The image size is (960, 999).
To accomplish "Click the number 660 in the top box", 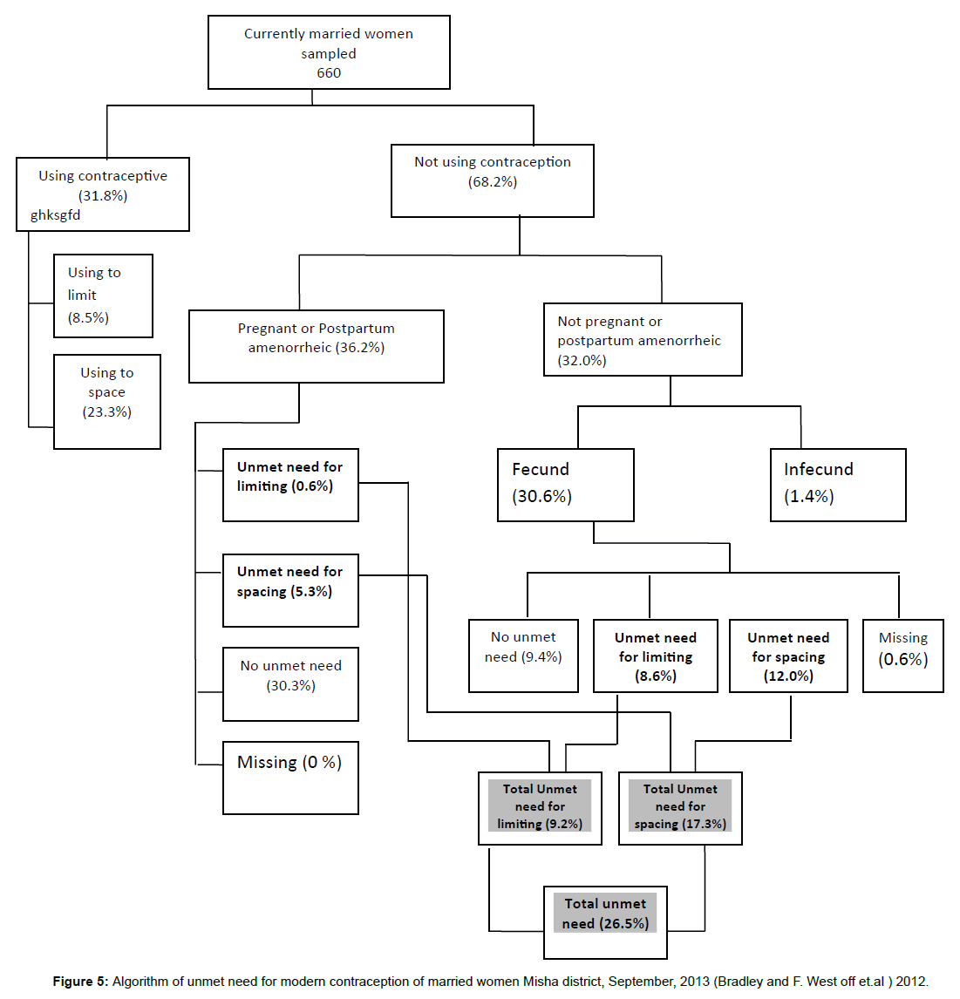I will pos(329,73).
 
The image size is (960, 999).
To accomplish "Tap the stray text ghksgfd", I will pos(56,215).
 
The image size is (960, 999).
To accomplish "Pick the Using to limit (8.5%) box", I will pos(103,296).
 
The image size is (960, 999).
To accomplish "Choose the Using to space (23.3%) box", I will pos(107,401).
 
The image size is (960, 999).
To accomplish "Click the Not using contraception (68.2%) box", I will pos(493,180).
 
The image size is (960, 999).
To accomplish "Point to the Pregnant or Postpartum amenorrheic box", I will pos(317,346).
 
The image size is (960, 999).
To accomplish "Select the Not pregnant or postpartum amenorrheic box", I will pos(643,340).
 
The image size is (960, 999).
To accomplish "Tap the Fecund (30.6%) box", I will pos(565,485).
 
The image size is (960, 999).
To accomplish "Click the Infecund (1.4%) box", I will pos(838,485).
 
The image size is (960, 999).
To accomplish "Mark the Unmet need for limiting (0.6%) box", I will pos(290,485).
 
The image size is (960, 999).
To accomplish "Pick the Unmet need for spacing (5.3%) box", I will pos(290,590).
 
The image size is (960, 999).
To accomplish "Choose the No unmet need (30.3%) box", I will pos(290,684).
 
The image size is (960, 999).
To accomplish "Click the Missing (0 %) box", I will pos(290,778).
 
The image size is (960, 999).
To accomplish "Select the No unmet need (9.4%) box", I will pos(523,656).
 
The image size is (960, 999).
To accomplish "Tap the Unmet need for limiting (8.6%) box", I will pos(655,656).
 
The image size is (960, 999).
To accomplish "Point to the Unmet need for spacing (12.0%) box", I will pos(788,656).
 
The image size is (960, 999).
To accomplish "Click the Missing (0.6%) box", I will pos(902,656).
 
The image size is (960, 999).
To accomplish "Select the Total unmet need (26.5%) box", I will pos(605,922).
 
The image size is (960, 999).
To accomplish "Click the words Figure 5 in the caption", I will pos(79,982).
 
